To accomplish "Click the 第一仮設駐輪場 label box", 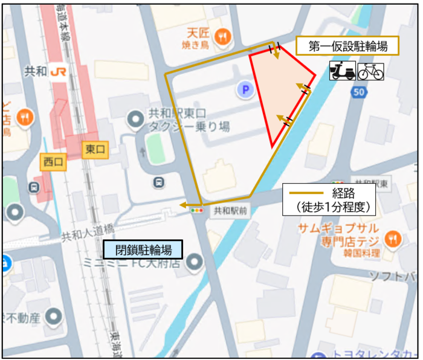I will (347, 46).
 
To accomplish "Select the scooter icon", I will (343, 71).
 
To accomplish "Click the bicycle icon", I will (370, 71).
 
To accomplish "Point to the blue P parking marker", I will (245, 91).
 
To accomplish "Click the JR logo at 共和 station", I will (59, 71).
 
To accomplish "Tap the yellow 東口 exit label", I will (95, 149).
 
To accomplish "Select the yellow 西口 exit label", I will (53, 161).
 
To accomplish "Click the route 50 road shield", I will (360, 92).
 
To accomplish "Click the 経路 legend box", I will (329, 199).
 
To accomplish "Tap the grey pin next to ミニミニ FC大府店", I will (194, 263).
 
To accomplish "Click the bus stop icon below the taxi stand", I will (159, 181).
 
